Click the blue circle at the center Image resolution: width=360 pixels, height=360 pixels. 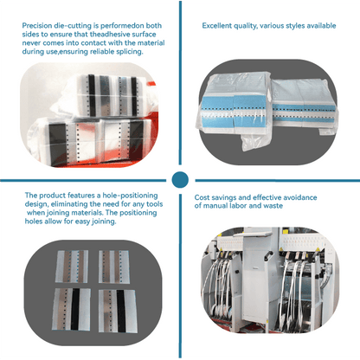coord(180,180)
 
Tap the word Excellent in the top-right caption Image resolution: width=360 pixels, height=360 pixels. coord(220,27)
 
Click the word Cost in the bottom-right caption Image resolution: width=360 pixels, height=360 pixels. coord(202,197)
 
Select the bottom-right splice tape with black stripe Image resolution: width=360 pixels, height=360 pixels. coord(114,304)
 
